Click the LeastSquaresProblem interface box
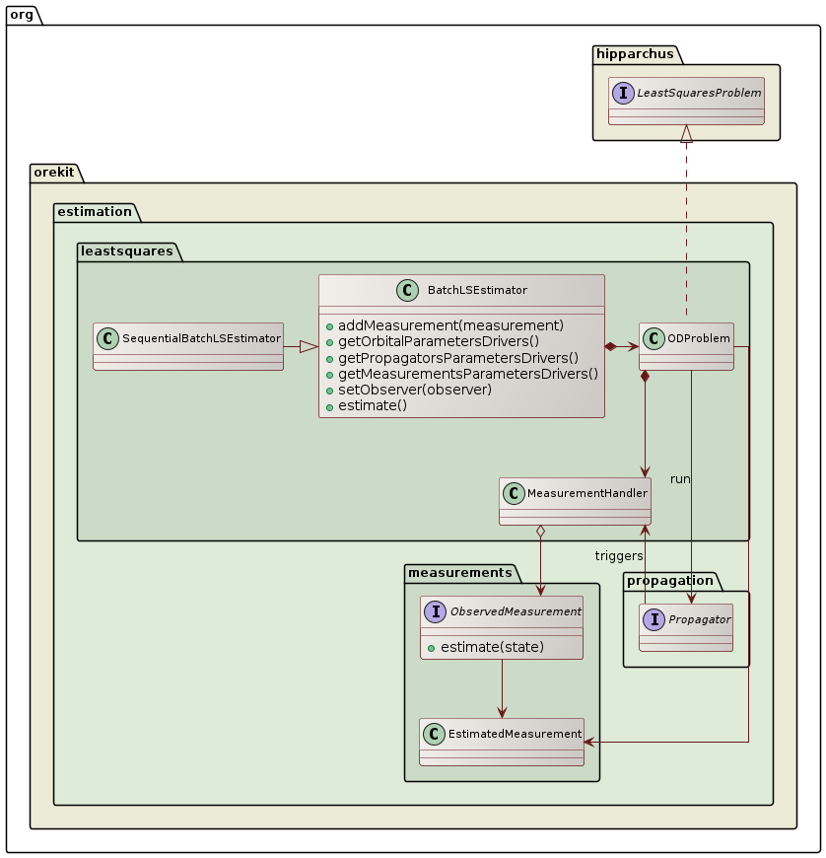coord(687,101)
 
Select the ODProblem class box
coord(686,346)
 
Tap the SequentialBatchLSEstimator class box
coord(187,346)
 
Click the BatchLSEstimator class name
coord(477,290)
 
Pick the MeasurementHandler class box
coord(576,501)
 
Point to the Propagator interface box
coord(686,627)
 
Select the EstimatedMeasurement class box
coord(502,742)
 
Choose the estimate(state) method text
coord(489,647)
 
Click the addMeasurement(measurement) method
coord(450,325)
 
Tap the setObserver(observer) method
coord(414,389)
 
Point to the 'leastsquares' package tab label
coord(125,251)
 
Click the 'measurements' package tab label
coord(458,573)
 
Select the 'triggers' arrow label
coord(619,556)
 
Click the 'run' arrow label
coord(680,479)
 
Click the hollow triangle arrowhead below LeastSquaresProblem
coord(687,134)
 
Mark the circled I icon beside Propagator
coord(654,619)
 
